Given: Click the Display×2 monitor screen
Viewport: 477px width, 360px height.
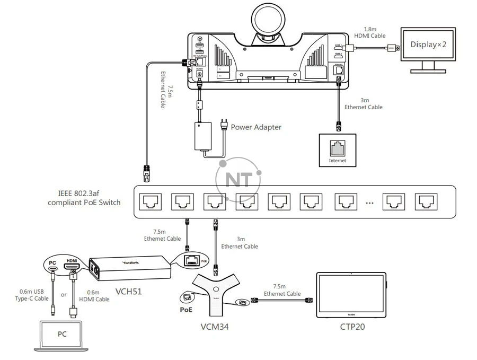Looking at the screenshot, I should click(x=428, y=45).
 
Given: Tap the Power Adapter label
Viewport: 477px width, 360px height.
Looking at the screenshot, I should click(x=256, y=127).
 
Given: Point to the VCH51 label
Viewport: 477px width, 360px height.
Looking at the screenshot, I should click(x=129, y=291).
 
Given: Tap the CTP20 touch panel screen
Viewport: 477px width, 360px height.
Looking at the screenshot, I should click(x=351, y=295).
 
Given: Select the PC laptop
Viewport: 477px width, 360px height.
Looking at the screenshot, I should click(x=63, y=336).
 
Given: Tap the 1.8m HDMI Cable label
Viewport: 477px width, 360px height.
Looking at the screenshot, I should click(x=370, y=32).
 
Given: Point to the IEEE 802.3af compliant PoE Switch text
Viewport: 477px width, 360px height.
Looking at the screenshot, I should click(x=84, y=198).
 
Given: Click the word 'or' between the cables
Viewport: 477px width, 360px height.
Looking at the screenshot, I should click(x=64, y=294).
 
